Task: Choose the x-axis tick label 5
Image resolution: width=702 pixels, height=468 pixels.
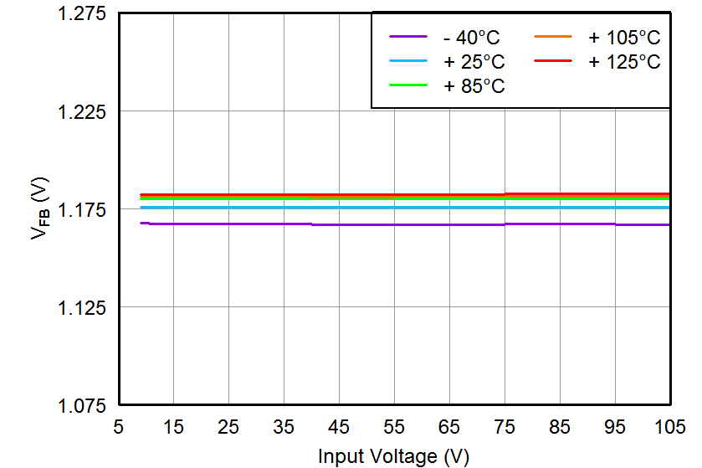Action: pyautogui.click(x=118, y=427)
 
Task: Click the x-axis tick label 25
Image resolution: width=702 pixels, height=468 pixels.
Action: pyautogui.click(x=228, y=427)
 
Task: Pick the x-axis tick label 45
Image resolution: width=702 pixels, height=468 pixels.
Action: pyautogui.click(x=339, y=427)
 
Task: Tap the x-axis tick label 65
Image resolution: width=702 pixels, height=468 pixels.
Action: pyautogui.click(x=449, y=427)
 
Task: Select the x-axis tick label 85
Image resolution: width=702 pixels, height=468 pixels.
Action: pyautogui.click(x=560, y=427)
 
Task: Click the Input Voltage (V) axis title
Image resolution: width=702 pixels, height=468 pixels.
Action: pyautogui.click(x=393, y=455)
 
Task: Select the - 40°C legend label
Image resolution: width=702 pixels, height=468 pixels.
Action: pyautogui.click(x=474, y=38)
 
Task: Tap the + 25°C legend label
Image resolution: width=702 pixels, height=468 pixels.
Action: pyautogui.click(x=474, y=62)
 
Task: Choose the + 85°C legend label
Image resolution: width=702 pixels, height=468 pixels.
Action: pyautogui.click(x=474, y=86)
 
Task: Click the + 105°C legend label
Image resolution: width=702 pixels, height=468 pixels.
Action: pyautogui.click(x=623, y=38)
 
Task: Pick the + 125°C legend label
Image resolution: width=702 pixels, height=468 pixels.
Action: pyautogui.click(x=623, y=62)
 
